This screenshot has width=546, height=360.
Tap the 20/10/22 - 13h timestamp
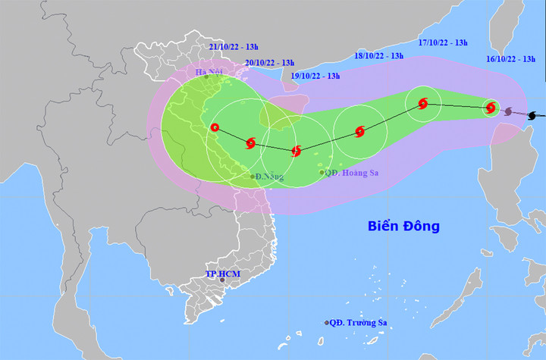point(270,62)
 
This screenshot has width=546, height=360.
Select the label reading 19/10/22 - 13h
point(315,76)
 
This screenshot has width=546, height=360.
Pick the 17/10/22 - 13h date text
point(444,42)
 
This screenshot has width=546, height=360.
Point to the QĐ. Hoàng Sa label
point(351,173)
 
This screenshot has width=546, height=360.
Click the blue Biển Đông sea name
point(403,226)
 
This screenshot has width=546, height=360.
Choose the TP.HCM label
point(221,273)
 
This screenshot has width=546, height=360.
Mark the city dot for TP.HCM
point(222,280)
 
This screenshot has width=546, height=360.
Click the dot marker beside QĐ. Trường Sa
point(327,323)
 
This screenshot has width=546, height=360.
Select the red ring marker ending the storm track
point(215,128)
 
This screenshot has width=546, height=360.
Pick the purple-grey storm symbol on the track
point(509,112)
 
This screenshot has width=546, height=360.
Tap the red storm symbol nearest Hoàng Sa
point(297,151)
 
